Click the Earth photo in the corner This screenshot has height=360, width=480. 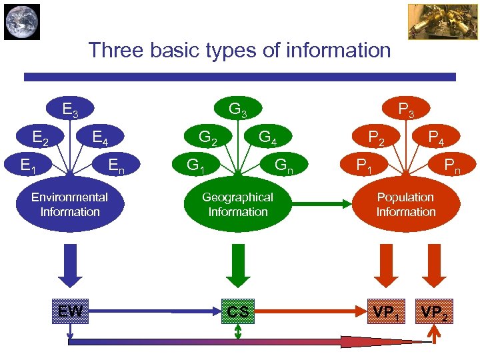tap(22, 22)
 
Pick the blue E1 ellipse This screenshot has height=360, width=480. tap(28, 164)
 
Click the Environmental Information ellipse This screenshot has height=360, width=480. tap(70, 205)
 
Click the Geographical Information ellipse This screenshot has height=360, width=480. tap(238, 205)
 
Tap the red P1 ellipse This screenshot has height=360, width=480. tap(364, 164)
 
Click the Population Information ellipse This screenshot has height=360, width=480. tap(405, 205)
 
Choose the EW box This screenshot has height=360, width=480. tap(70, 311)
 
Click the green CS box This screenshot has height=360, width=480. tap(238, 311)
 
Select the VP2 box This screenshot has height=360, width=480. tap(435, 311)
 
